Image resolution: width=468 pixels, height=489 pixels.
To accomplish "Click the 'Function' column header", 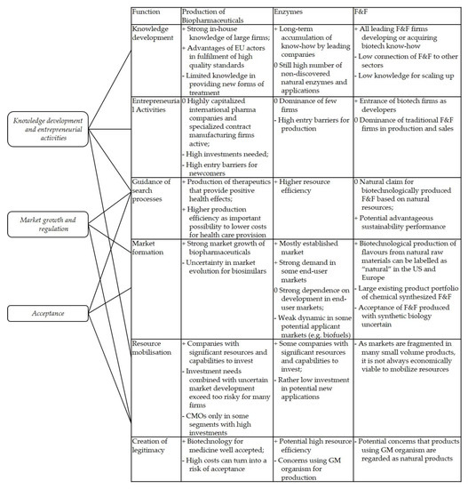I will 146,12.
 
